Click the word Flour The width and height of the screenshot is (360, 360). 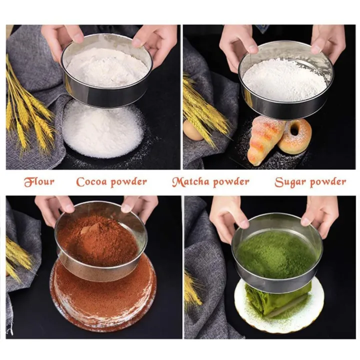click(x=39, y=181)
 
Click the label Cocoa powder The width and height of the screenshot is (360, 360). click(x=111, y=181)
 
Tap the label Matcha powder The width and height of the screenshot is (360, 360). click(x=210, y=181)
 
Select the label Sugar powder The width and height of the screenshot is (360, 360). click(x=310, y=181)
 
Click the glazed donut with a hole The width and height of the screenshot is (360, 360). click(x=295, y=136)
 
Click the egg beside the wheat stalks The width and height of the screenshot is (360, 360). click(x=193, y=131)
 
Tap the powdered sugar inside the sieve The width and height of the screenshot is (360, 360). click(x=283, y=80)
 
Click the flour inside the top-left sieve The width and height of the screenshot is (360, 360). click(x=107, y=67)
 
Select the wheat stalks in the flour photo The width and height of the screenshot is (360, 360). click(x=27, y=110)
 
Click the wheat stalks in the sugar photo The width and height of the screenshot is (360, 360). click(x=202, y=107)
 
